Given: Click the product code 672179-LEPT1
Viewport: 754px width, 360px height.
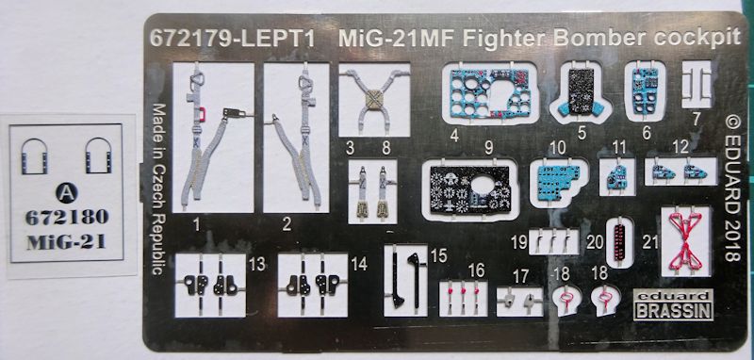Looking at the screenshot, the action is (232, 39).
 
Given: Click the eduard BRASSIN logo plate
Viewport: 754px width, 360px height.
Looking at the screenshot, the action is (672, 304).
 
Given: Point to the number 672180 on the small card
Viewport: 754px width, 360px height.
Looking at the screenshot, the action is (67, 218).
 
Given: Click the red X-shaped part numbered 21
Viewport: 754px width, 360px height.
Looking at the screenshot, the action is (685, 240).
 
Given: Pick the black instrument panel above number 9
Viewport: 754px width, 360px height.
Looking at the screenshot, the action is (470, 189).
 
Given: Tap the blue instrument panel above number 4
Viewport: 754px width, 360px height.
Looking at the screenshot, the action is (489, 92).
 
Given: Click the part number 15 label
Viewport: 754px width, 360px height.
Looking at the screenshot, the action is (438, 255).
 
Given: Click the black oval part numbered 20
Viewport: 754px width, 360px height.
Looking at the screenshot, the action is (619, 242).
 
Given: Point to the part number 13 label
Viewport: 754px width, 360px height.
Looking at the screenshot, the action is (257, 264).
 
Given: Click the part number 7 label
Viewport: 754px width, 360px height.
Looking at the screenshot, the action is (697, 119).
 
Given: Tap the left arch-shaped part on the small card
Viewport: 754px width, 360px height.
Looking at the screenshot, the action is (34, 155).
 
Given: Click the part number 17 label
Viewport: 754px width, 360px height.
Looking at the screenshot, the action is (520, 277).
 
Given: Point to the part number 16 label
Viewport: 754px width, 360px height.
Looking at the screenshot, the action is (476, 270).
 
